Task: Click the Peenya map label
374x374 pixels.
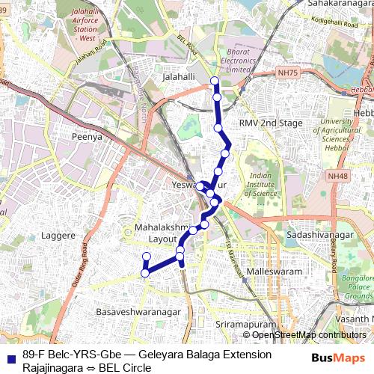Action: [x=86, y=138]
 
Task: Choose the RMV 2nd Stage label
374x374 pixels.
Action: [x=271, y=123]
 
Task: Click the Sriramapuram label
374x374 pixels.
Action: [x=242, y=326]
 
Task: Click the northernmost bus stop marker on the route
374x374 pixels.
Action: [x=215, y=81]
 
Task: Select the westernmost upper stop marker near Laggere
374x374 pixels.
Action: [x=147, y=257]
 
